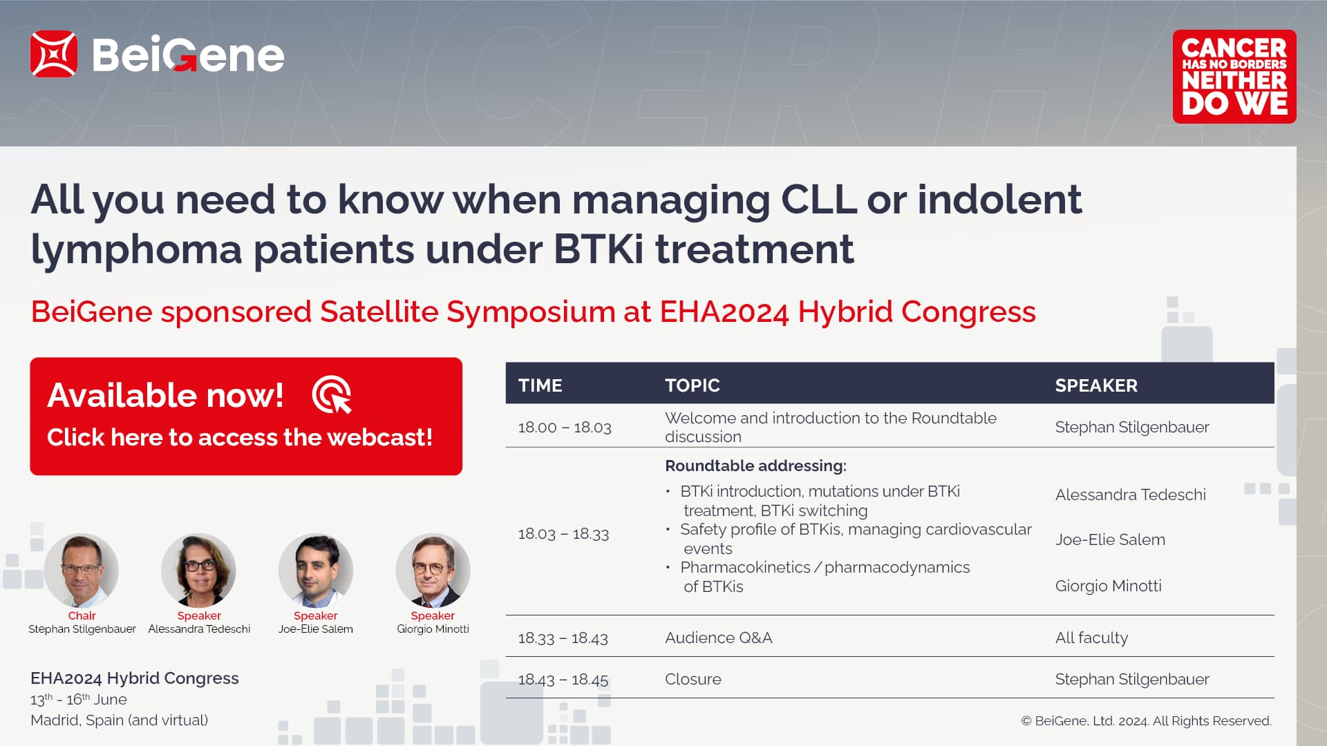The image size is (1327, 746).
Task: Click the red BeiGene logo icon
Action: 53,54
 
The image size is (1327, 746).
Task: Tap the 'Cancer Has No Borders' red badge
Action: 1234,77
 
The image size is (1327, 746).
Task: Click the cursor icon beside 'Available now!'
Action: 332,394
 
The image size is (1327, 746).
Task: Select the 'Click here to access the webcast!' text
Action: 240,437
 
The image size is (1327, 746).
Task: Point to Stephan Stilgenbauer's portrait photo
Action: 82,571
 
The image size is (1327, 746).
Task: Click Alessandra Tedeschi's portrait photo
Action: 198,571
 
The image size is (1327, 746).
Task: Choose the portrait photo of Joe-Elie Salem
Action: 316,571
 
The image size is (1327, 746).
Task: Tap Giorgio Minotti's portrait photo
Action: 433,571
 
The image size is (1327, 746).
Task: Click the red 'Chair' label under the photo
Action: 82,615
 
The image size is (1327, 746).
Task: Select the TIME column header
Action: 540,385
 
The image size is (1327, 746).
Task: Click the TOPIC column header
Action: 693,385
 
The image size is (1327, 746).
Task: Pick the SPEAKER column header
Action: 1096,385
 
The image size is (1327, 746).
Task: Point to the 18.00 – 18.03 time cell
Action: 565,428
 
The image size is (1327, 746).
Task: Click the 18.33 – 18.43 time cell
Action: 563,638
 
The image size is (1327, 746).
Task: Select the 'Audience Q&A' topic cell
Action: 719,638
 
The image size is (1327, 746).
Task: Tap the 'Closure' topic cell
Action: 693,680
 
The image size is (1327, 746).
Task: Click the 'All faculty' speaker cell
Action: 1092,638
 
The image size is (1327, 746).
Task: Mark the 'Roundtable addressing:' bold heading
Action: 756,466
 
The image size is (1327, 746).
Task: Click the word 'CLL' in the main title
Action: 819,200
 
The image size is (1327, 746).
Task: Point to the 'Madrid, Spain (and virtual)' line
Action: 120,720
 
